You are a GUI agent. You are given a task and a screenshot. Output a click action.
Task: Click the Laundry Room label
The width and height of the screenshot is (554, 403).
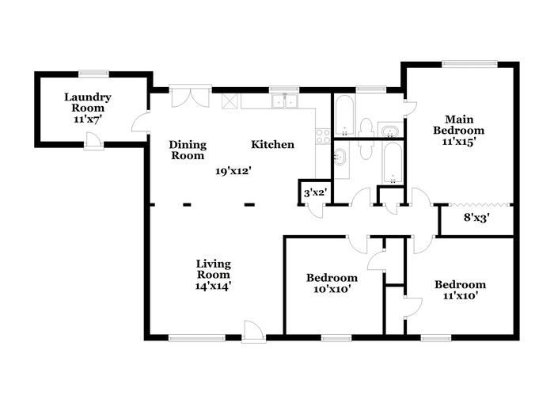tap(88, 102)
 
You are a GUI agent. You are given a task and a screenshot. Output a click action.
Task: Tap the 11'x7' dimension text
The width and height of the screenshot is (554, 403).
tap(88, 119)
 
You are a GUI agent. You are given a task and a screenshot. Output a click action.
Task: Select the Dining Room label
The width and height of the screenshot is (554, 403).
tap(188, 150)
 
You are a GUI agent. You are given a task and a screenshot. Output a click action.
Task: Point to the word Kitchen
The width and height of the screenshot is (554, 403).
tap(272, 144)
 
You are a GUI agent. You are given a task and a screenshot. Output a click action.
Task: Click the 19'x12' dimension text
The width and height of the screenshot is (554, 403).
tap(233, 171)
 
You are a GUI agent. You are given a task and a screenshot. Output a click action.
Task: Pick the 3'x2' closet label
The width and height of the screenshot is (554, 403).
tap(315, 193)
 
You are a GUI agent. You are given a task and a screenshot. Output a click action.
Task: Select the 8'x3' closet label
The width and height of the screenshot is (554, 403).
tap(476, 218)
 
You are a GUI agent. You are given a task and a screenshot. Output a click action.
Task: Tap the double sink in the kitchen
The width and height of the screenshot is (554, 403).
tap(284, 101)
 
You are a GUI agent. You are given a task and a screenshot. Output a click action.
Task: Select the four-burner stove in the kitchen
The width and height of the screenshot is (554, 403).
tap(323, 136)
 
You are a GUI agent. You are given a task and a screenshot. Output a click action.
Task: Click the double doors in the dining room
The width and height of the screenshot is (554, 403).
tap(191, 96)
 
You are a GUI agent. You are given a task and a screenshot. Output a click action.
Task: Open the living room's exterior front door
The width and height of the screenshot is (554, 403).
tap(254, 333)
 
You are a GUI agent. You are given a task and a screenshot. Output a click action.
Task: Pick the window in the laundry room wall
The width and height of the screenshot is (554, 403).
tap(93, 74)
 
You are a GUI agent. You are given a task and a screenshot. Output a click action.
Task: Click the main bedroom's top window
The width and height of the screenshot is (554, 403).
tap(469, 64)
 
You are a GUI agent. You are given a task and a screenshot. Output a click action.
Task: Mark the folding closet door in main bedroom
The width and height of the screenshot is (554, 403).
tap(479, 204)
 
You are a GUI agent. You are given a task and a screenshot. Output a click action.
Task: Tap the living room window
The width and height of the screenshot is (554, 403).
tap(197, 338)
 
